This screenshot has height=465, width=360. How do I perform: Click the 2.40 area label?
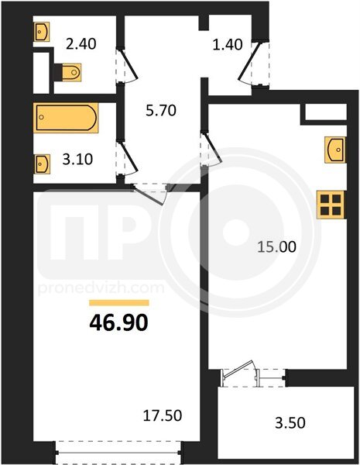coord(81,44)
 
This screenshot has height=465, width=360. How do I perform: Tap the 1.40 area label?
coord(228,44)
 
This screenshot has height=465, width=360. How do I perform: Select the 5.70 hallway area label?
coord(161,111)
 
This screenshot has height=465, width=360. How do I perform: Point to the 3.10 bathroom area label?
coord(77,159)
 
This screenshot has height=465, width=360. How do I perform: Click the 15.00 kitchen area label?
coord(276,246)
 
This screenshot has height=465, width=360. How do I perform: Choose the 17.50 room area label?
coord(163,415)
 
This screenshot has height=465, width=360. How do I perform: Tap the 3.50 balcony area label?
coord(290,423)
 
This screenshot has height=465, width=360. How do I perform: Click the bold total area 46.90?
coord(118,323)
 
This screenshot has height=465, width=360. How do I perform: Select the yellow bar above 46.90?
coord(119,303)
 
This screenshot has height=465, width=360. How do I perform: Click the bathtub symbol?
coord(66,118)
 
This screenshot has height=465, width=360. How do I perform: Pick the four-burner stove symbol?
coord(331,205)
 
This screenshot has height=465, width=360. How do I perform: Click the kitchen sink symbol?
coord(335,150)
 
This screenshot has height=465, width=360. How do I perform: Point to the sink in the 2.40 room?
coord(41,32)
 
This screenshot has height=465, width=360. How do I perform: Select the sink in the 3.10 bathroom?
coord(42,164)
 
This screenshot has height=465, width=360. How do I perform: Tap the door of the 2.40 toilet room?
coord(127,65)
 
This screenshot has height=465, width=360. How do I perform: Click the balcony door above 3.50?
coord(254,374)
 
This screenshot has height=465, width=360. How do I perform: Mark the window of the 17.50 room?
coord(118,453)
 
